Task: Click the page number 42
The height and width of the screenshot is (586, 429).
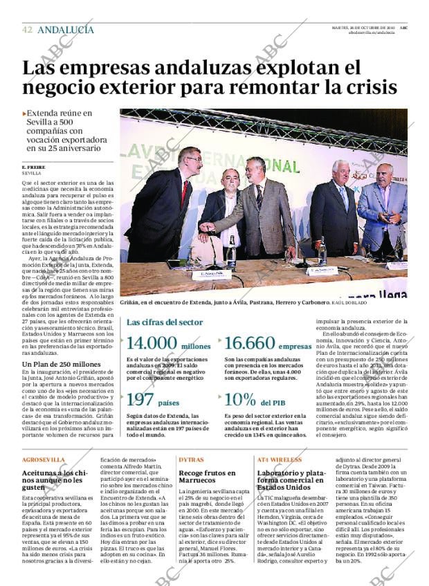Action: [27, 30]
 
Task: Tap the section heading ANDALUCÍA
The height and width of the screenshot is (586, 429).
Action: [66, 30]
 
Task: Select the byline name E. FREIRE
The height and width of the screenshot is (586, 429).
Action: [33, 167]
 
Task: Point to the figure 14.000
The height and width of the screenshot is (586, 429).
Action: [152, 344]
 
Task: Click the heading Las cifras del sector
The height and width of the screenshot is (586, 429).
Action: [165, 322]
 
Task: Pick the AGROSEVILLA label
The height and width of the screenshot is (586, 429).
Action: [43, 459]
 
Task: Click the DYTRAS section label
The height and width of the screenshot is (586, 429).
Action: [191, 459]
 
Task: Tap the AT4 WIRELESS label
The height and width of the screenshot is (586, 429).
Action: [280, 459]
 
